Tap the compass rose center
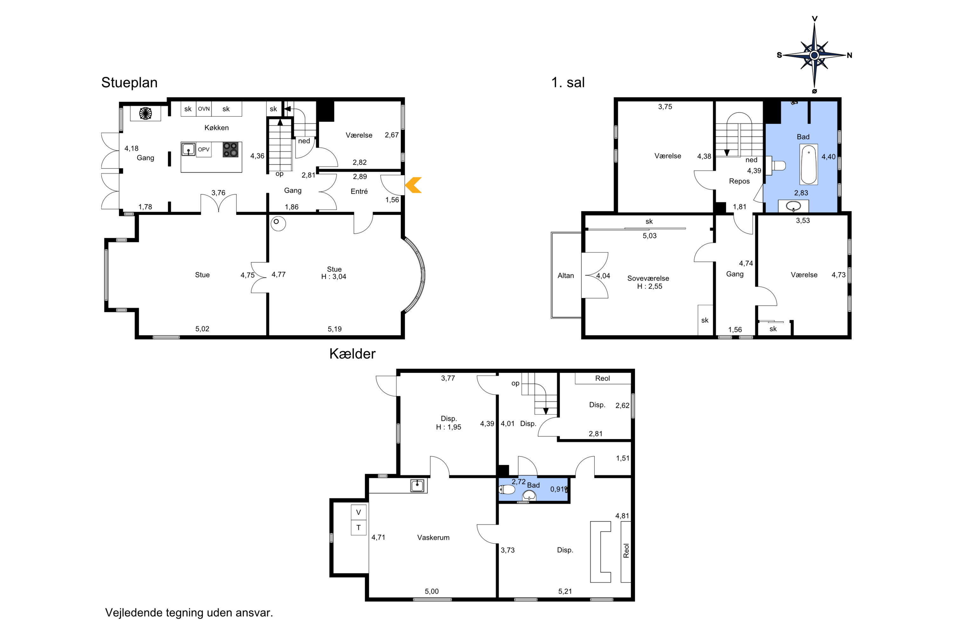814,55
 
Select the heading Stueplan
129,83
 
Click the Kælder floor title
352,354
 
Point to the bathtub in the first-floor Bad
808,164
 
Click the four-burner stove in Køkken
231,150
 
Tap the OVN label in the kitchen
204,109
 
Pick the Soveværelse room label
648,278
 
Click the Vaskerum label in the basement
433,538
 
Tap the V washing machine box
359,512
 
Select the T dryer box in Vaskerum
359,528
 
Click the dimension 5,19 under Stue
335,329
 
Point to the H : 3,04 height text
334,277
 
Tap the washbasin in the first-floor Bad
793,206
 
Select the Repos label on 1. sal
739,181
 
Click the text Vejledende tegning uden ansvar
189,613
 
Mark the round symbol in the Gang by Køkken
145,113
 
